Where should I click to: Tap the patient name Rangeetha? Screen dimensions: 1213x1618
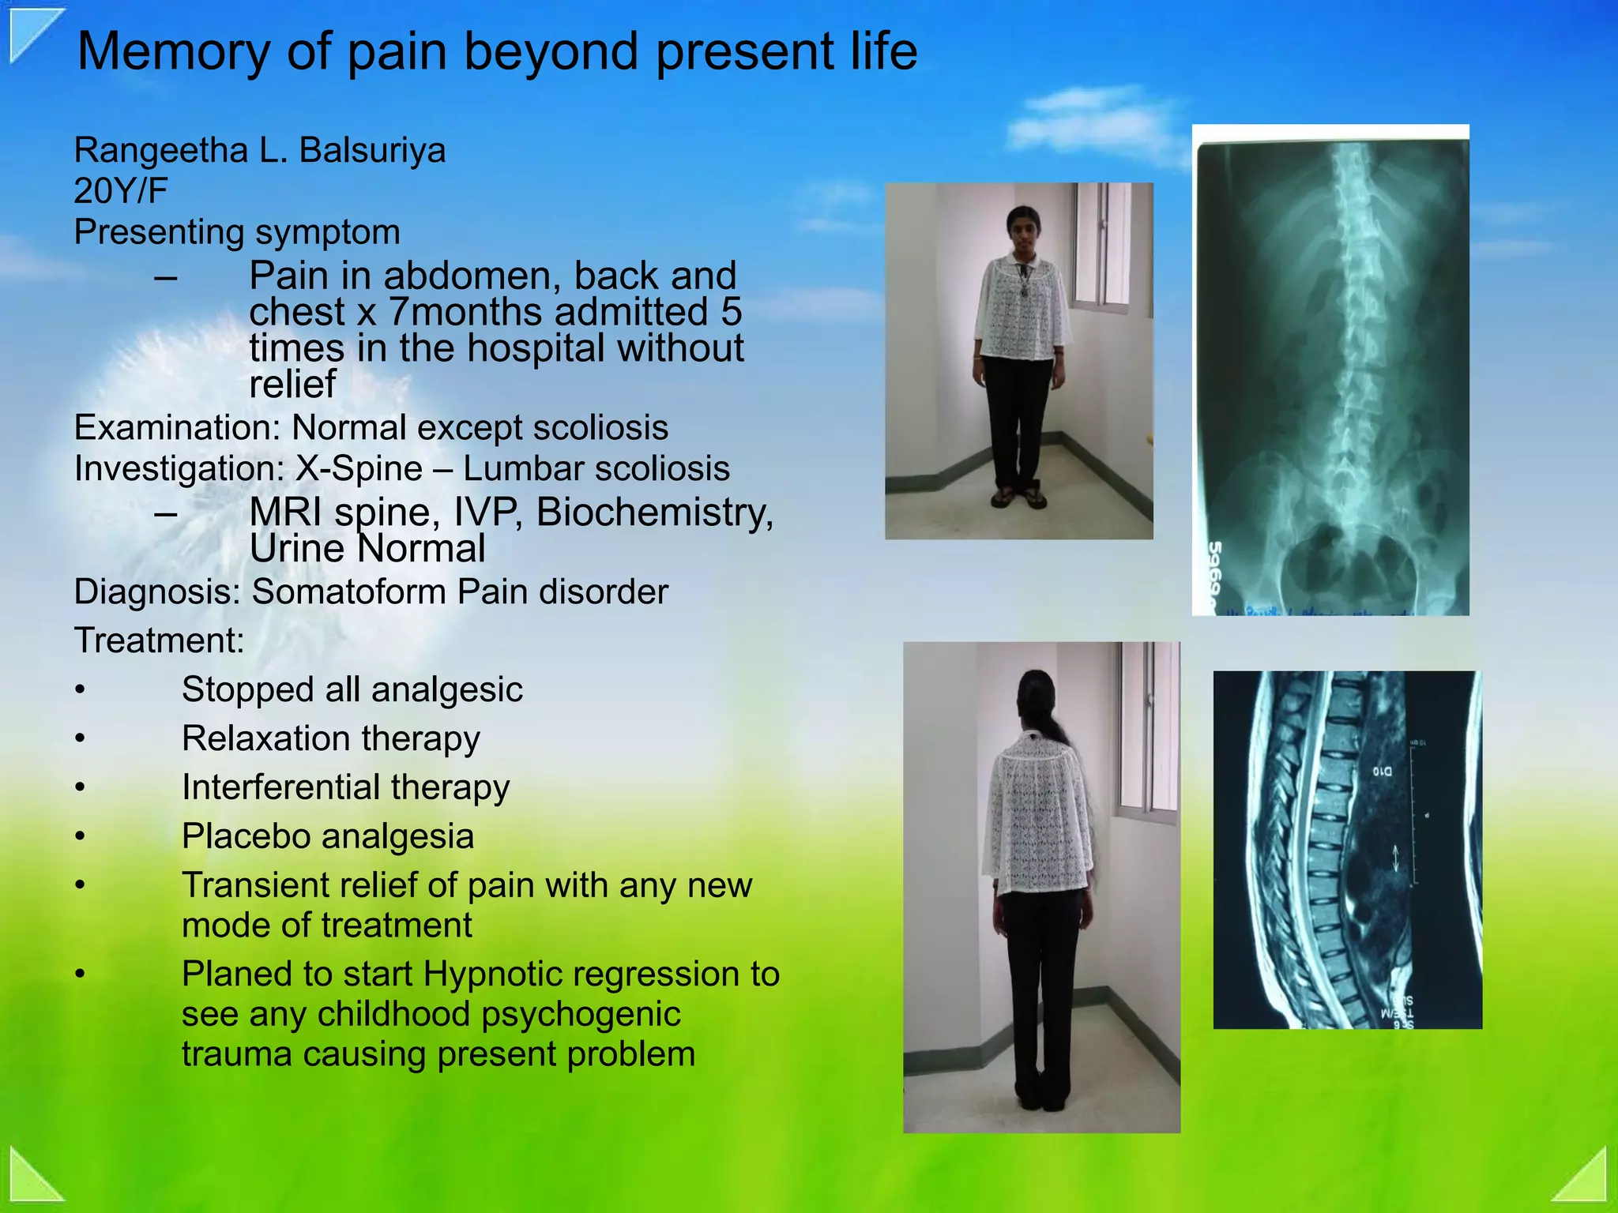(x=160, y=150)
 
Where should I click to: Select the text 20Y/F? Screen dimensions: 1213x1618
(x=121, y=191)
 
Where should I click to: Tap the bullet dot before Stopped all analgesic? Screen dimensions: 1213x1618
(x=80, y=690)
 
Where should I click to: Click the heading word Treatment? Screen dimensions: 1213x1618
(x=159, y=640)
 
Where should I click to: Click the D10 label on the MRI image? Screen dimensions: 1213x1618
(x=1382, y=770)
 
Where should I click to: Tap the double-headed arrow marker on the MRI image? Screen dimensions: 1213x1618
(x=1396, y=858)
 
